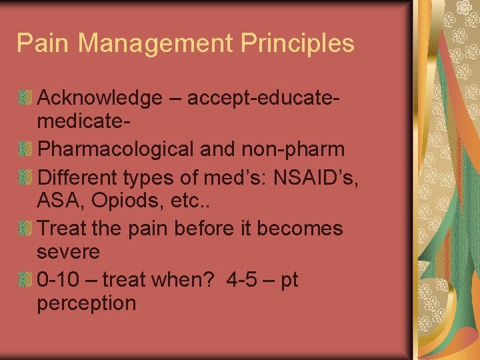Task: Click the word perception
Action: click(x=87, y=304)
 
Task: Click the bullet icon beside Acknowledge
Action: click(x=25, y=99)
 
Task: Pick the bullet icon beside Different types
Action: click(x=25, y=177)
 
